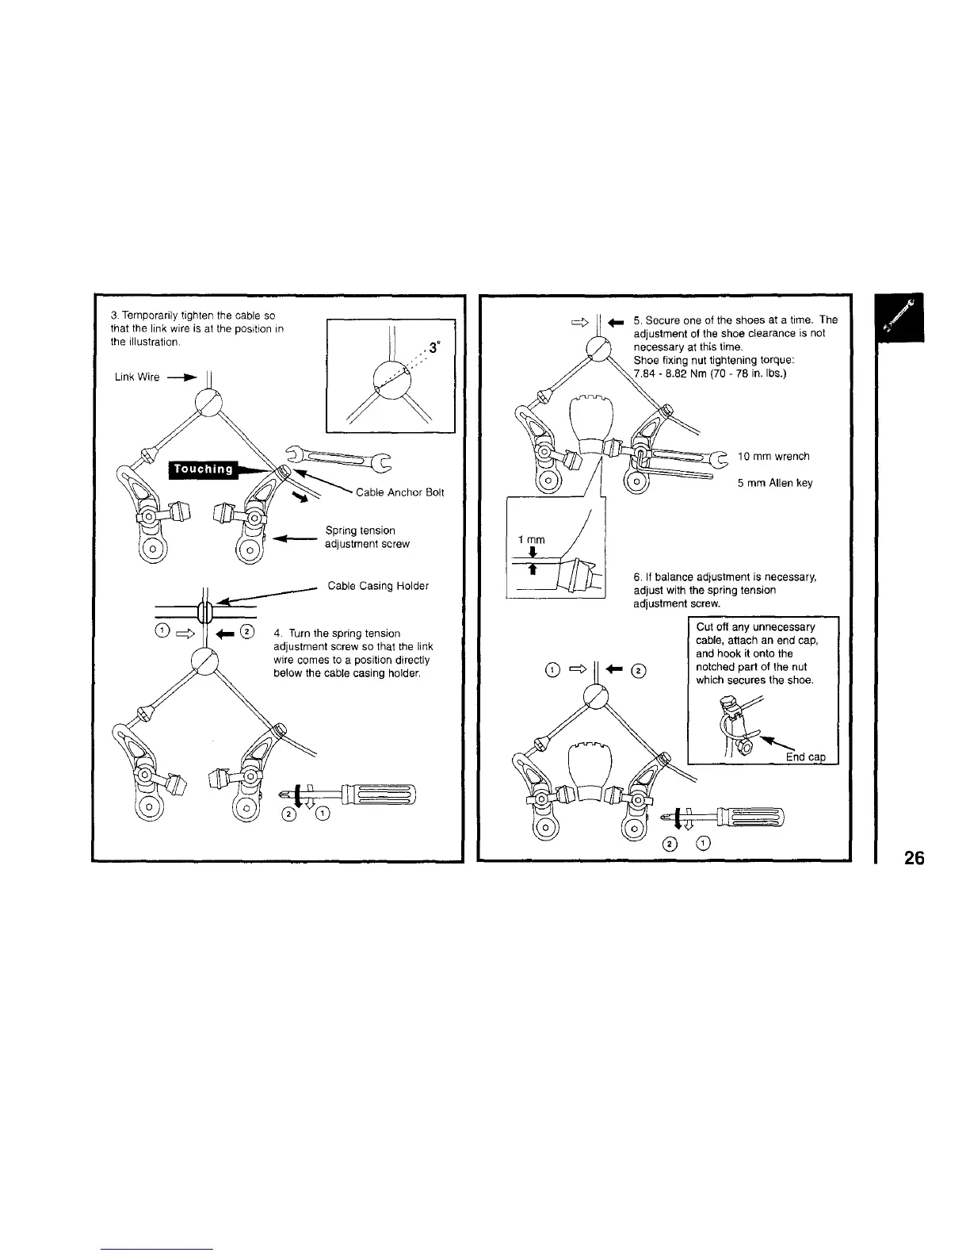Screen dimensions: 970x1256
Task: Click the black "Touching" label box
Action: [204, 469]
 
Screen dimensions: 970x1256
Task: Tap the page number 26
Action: [913, 858]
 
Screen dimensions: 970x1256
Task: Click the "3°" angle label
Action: [433, 347]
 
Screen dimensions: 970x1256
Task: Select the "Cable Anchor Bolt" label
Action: [400, 492]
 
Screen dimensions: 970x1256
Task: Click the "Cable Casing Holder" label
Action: [378, 586]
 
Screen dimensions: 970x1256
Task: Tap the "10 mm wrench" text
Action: [773, 457]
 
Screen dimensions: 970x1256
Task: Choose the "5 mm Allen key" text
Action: [775, 483]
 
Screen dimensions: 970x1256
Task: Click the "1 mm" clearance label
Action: [531, 540]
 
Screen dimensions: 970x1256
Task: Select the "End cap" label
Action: [806, 757]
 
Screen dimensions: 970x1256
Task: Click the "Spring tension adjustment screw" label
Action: [367, 537]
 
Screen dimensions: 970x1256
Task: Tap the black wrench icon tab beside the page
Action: [899, 317]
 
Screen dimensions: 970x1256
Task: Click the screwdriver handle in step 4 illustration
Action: [376, 793]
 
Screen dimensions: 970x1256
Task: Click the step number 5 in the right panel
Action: [636, 320]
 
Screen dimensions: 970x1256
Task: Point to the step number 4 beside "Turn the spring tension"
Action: [277, 634]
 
